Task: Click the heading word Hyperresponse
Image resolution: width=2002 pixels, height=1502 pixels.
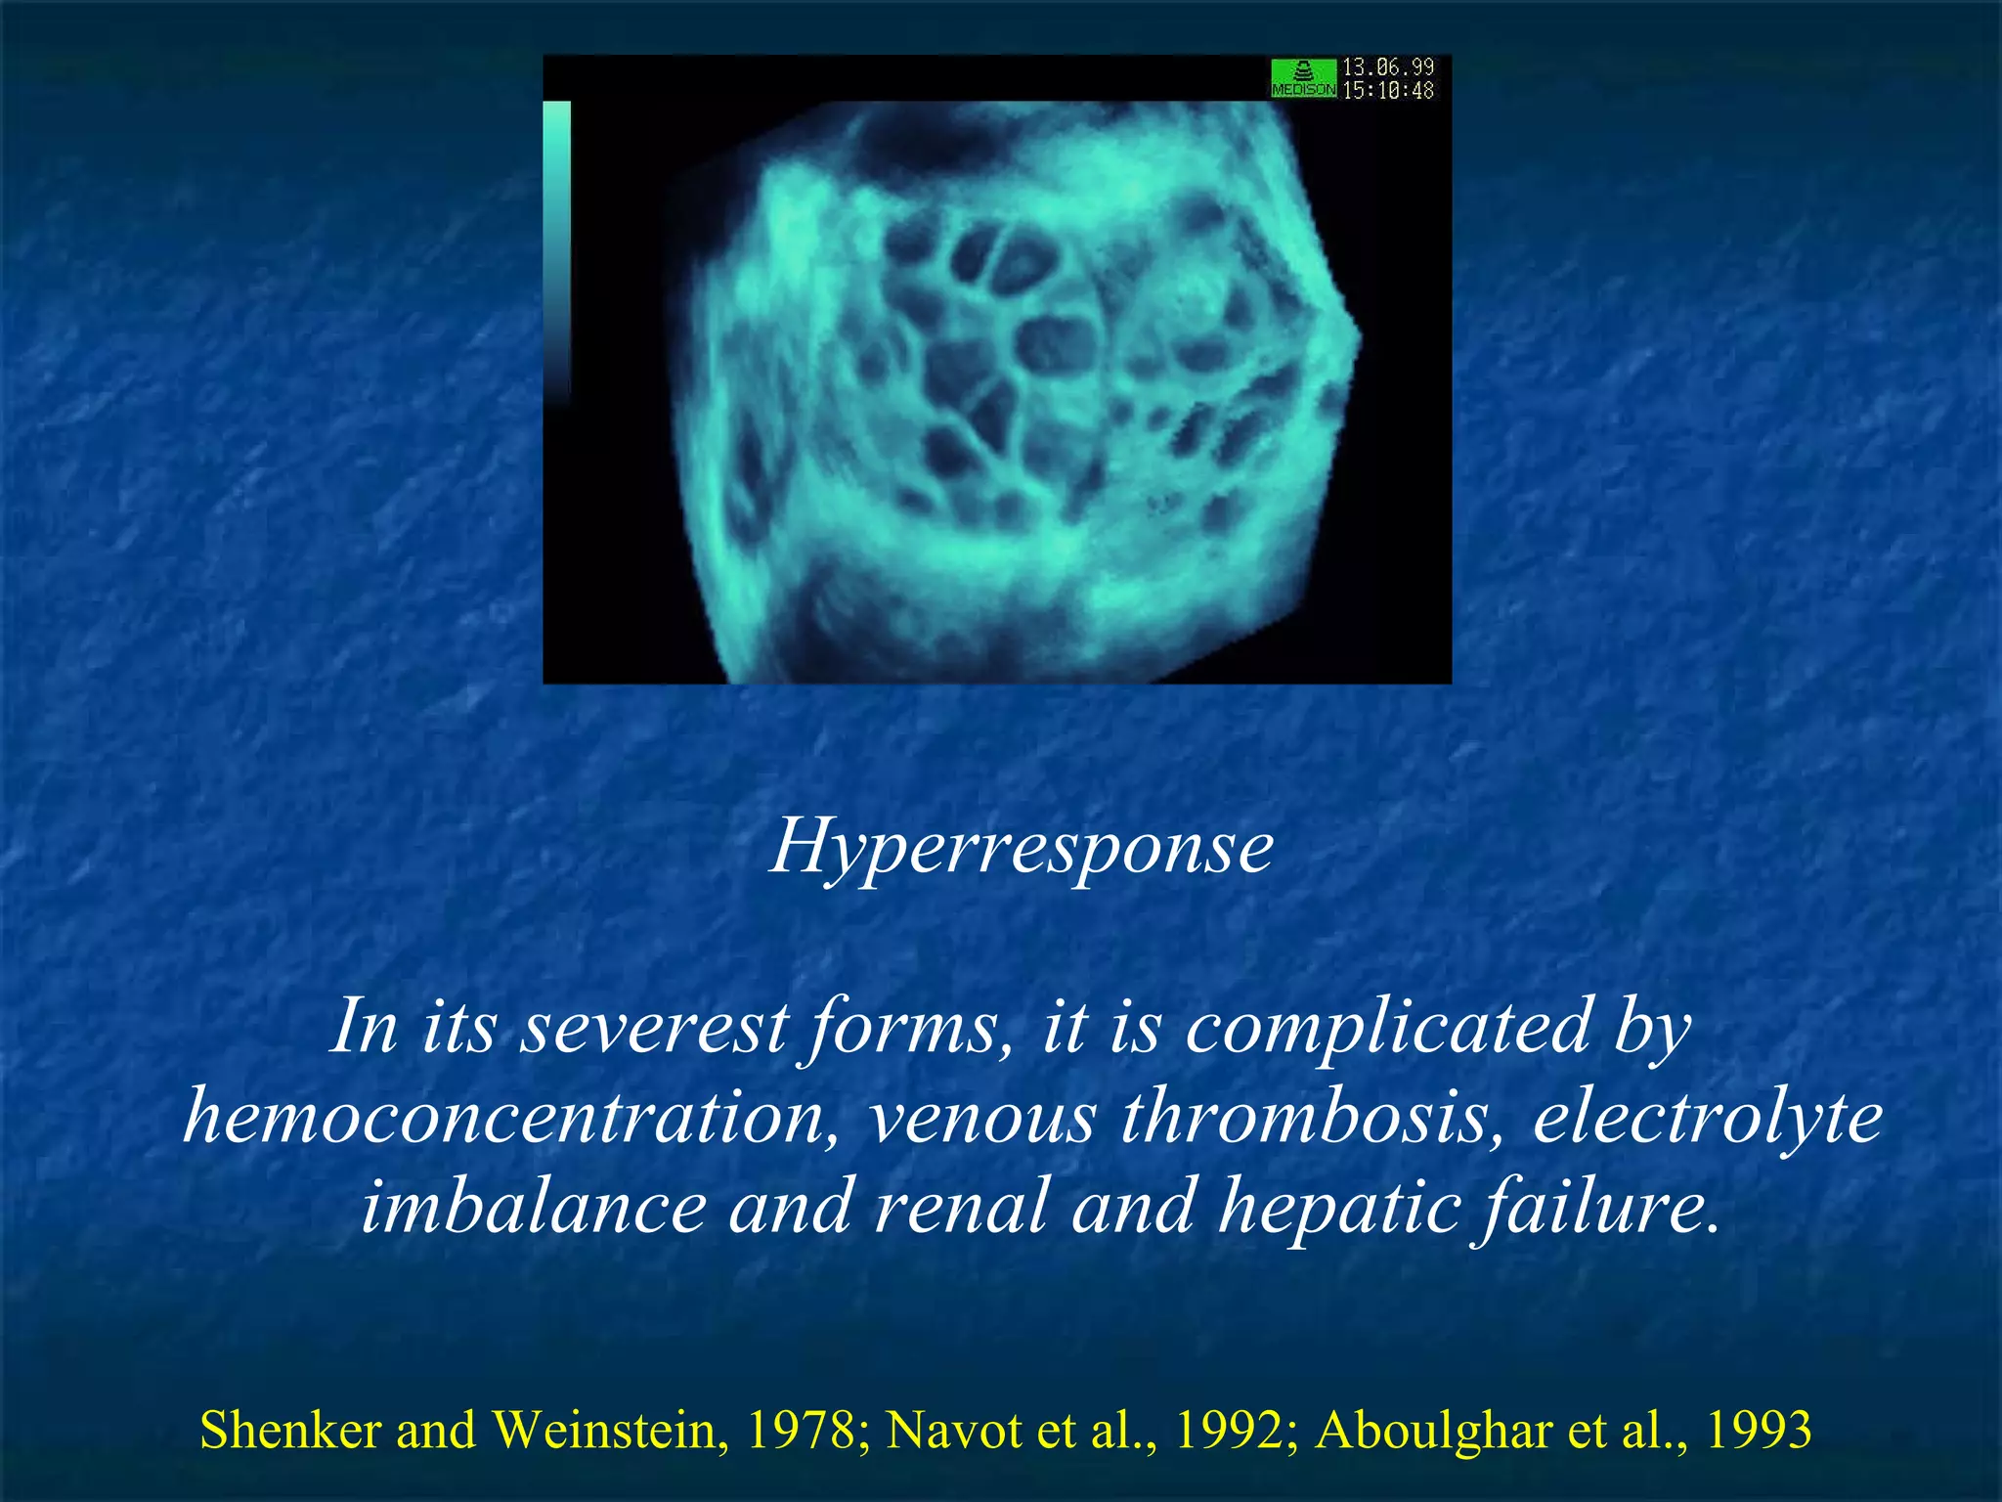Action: (1022, 847)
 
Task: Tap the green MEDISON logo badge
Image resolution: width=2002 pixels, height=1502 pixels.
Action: (1303, 78)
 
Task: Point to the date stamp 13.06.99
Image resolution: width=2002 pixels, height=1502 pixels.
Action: (1387, 66)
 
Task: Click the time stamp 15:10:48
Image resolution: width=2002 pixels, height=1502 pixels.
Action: (1387, 91)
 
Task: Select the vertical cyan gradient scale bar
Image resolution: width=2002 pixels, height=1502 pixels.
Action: (556, 249)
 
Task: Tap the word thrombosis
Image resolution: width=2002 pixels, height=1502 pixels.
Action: (1311, 1117)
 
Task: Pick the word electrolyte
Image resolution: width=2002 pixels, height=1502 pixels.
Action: (1707, 1117)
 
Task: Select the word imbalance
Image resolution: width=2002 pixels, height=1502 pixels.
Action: (534, 1206)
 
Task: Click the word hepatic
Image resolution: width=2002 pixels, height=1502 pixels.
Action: (1338, 1206)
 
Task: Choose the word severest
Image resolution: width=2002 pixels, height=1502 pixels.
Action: (653, 1028)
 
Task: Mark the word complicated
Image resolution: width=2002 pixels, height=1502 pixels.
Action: (1388, 1028)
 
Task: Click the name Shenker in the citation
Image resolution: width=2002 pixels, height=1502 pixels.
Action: (290, 1431)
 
